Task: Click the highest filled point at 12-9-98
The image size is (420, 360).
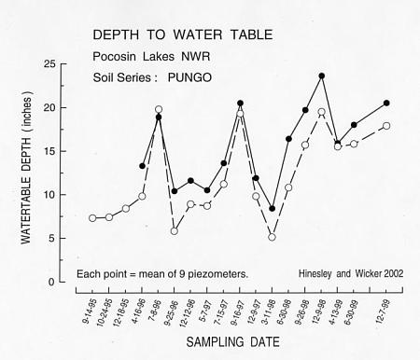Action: [x=321, y=76]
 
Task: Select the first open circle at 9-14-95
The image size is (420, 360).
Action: [x=92, y=218]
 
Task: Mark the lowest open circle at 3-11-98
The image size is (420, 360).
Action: [x=272, y=237]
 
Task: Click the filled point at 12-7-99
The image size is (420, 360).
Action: [x=386, y=103]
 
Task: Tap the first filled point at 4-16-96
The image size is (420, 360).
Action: [x=142, y=166]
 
